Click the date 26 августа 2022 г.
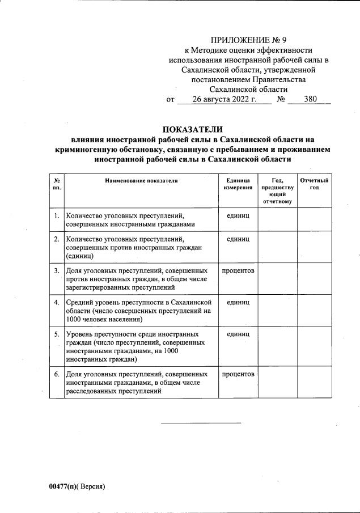(x=225, y=99)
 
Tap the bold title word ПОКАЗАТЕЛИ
(x=193, y=129)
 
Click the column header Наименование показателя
(x=141, y=180)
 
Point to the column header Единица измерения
(x=238, y=184)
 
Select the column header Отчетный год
(x=314, y=184)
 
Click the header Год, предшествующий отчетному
(x=278, y=190)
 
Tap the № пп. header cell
(x=56, y=184)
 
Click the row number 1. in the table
(x=57, y=216)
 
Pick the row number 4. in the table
(x=57, y=302)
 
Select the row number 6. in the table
(x=57, y=374)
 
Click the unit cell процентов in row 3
(x=238, y=270)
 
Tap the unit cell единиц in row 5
(x=238, y=334)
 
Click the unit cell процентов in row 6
(x=238, y=374)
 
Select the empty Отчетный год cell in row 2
(x=314, y=247)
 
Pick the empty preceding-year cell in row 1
(x=278, y=219)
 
